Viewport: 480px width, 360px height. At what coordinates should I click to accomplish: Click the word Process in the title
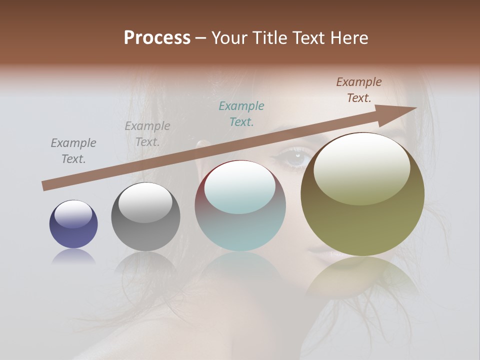pyautogui.click(x=157, y=38)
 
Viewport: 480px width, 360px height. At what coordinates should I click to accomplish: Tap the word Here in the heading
pyautogui.click(x=348, y=38)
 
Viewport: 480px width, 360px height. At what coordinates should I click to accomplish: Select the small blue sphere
pyautogui.click(x=73, y=224)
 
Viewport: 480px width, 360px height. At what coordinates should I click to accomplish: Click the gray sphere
pyautogui.click(x=145, y=217)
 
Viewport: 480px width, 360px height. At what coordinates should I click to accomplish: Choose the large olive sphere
pyautogui.click(x=362, y=194)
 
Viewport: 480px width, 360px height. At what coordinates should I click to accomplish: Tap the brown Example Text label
pyautogui.click(x=359, y=90)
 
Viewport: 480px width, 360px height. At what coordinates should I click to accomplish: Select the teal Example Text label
pyautogui.click(x=241, y=113)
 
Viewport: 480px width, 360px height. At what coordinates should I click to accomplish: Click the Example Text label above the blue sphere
pyautogui.click(x=73, y=151)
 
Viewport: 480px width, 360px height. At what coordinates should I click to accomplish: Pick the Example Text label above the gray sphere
pyautogui.click(x=147, y=134)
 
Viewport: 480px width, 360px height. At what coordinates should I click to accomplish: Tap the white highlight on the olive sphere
pyautogui.click(x=361, y=167)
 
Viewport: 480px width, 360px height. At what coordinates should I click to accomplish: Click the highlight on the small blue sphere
pyautogui.click(x=73, y=214)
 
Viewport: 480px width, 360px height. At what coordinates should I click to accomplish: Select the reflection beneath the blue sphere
pyautogui.click(x=73, y=256)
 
